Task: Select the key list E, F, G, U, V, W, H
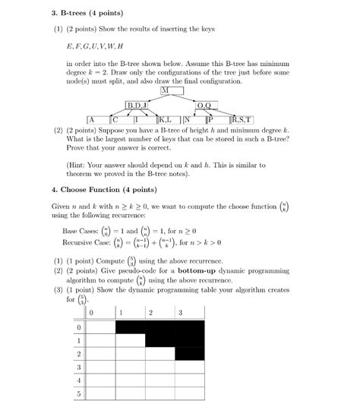[95, 47]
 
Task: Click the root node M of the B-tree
[165, 90]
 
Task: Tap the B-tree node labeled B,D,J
[141, 105]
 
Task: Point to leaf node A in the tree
[90, 119]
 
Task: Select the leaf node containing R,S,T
[242, 119]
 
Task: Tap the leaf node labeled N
[187, 119]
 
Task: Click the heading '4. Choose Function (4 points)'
[103, 189]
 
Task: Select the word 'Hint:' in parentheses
[79, 165]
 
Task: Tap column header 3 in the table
[180, 313]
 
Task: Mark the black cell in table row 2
[189, 354]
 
